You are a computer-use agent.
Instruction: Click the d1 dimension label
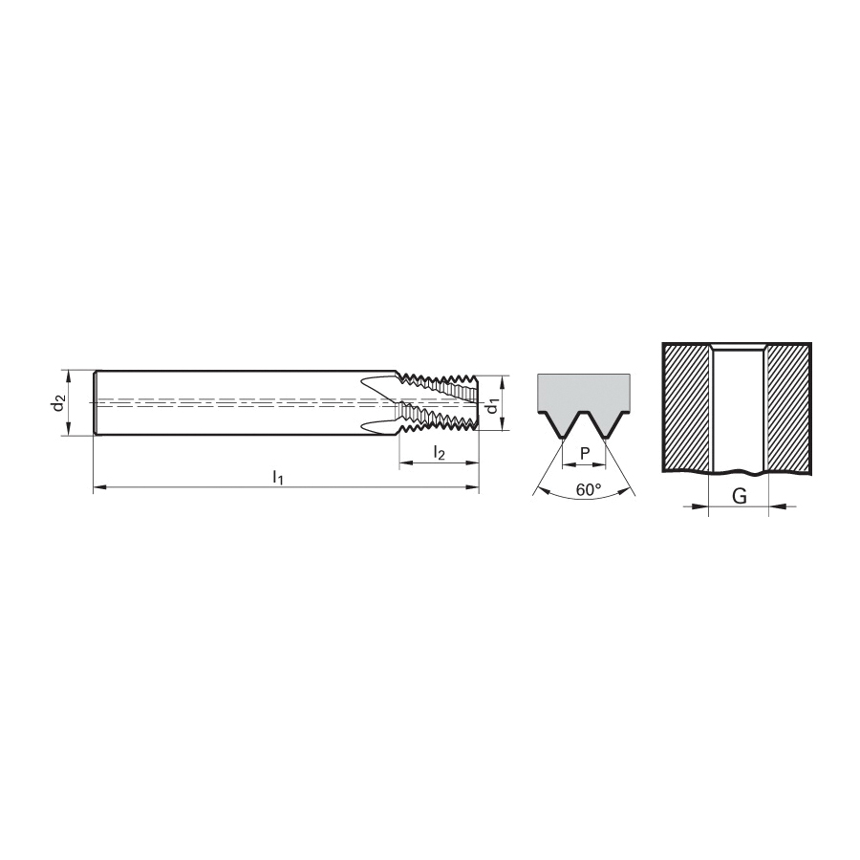(x=493, y=406)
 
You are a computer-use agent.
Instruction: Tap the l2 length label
(x=440, y=453)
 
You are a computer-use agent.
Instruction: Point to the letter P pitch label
(x=585, y=453)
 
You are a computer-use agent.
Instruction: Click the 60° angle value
(x=589, y=489)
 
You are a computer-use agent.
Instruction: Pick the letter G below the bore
(x=740, y=496)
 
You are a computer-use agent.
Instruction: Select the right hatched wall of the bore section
(x=788, y=408)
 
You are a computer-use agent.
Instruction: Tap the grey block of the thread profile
(x=584, y=392)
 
